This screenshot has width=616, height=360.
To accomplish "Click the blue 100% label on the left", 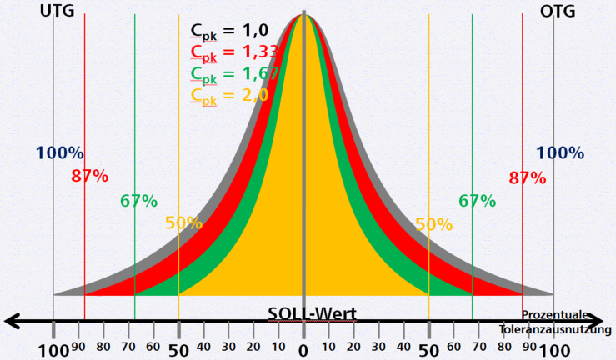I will [59, 153].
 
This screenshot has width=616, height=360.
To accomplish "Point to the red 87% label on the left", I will [89, 176].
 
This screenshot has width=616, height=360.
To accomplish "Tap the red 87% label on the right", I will [527, 177].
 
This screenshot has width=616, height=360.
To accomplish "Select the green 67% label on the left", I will [138, 201].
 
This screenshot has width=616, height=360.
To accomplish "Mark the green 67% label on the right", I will [477, 201].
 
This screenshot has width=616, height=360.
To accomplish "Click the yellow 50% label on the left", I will [183, 223].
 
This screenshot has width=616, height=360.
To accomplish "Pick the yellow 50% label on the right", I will [433, 224].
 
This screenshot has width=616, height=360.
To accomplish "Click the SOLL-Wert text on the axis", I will [312, 314].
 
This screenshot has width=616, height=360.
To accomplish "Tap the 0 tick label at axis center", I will [303, 350].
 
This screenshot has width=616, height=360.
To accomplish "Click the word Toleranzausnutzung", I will [556, 329].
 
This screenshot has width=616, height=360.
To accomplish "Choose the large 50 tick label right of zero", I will [429, 350].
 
